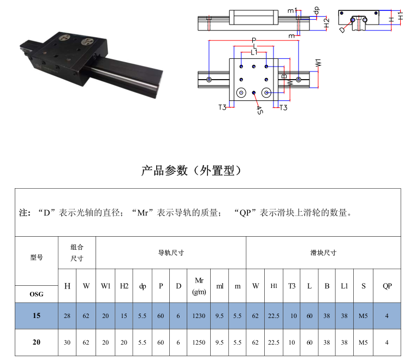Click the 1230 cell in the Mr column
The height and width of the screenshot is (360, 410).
199,316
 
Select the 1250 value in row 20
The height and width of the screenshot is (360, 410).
199,343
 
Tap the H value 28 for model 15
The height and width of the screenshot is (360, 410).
67,316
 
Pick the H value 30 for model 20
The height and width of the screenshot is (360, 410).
67,343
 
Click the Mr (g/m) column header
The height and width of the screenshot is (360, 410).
199,286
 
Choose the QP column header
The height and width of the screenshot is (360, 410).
387,286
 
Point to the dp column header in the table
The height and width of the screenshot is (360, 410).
142,286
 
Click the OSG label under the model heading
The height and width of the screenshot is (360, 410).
37,295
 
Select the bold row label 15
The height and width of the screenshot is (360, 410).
37,316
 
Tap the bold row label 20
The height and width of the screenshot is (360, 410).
37,342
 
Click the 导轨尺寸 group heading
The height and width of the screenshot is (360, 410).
171,253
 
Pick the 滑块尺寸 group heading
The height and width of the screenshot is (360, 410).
323,253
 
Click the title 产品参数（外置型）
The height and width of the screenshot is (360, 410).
191,171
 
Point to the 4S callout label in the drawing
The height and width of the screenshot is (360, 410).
259,110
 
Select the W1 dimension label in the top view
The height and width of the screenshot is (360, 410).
318,63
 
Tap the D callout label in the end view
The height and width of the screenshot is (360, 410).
342,30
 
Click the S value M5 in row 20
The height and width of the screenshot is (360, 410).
363,343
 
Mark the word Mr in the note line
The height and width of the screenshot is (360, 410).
143,213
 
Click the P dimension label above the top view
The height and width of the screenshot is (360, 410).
254,40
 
